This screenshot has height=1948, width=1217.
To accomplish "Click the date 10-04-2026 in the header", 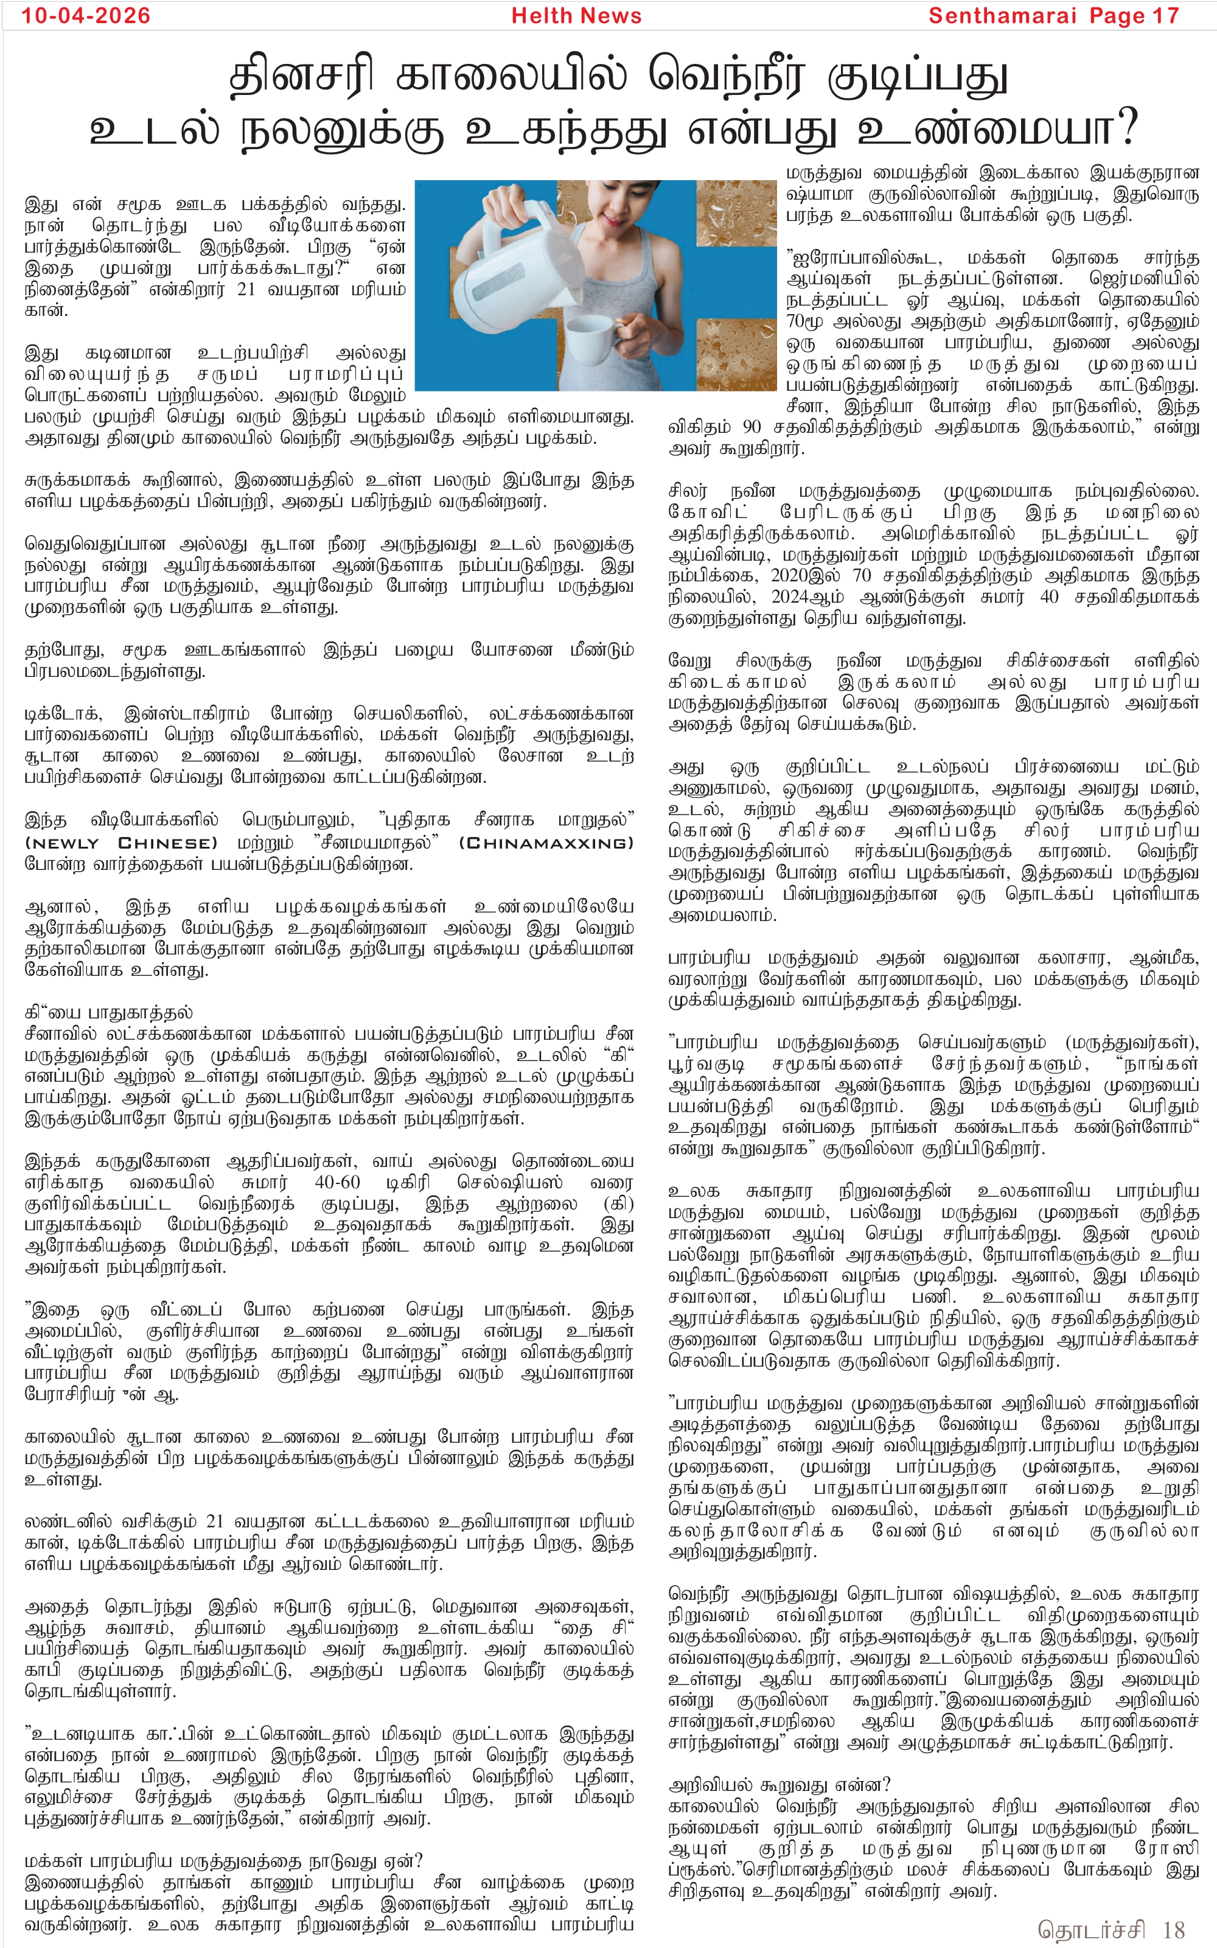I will click(86, 16).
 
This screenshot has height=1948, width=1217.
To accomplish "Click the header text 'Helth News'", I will click(576, 16).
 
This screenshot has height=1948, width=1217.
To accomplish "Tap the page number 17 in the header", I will click(1165, 16).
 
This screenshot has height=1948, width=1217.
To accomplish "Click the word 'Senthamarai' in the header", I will click(1002, 16).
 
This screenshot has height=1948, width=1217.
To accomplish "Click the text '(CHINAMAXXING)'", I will click(546, 843).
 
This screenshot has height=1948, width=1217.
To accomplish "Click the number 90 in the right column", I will click(751, 427).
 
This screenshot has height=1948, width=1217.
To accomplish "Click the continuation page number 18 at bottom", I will click(1174, 1930).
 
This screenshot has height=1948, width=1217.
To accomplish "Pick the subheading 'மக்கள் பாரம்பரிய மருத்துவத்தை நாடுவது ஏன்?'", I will click(223, 1861).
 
